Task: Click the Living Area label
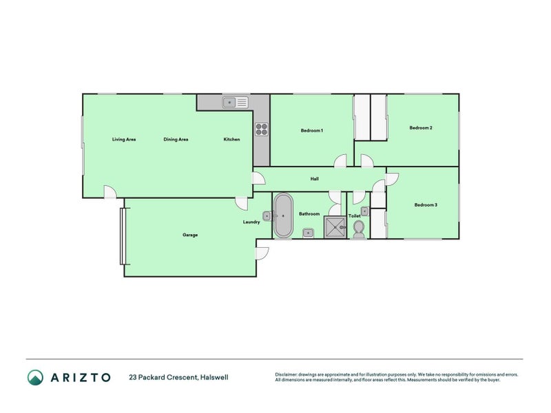[124, 140]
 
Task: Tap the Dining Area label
[176, 140]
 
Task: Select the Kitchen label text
[231, 140]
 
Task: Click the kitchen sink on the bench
[235, 103]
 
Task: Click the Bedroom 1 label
[312, 130]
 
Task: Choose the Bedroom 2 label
[421, 127]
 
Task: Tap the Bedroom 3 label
[426, 204]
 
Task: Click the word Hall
[314, 179]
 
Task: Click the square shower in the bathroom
[336, 227]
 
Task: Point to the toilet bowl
[358, 232]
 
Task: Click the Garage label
[190, 235]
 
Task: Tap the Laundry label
[251, 222]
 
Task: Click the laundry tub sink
[267, 215]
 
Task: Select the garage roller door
[122, 236]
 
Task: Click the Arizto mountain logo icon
[35, 377]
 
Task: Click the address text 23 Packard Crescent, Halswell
[178, 377]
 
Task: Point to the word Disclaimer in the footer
[289, 374]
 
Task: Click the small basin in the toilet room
[364, 211]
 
